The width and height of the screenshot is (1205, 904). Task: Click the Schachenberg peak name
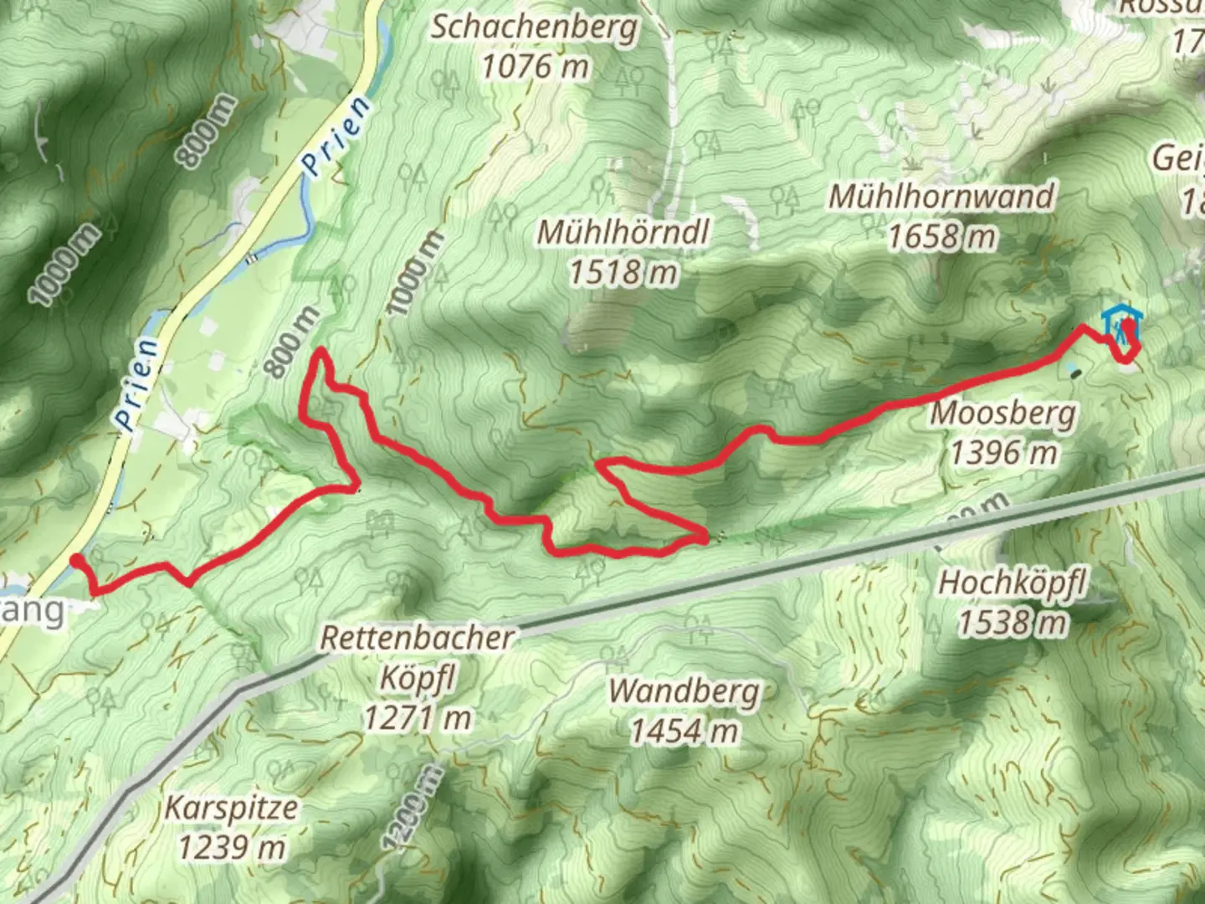534,28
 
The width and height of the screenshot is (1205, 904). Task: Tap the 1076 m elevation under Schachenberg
535,66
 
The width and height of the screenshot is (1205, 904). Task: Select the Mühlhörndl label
623,232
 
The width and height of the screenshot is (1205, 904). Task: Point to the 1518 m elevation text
623,271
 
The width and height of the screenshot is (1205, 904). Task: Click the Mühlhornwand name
941,197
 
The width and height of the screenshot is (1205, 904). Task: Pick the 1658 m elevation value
941,237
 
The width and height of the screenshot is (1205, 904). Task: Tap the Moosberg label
1003,413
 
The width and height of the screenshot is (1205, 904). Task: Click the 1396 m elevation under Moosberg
1003,453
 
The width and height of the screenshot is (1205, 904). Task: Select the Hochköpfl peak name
1012,582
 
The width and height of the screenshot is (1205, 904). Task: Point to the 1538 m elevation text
1012,622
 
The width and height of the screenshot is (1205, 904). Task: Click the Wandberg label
685,692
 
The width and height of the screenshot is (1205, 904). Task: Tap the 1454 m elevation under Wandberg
685,732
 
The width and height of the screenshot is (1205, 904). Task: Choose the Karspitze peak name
231,809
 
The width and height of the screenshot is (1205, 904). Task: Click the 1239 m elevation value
231,848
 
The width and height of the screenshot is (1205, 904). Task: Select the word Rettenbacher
417,639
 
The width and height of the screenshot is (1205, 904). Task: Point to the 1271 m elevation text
417,717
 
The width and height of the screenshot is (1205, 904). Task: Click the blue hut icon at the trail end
1115,321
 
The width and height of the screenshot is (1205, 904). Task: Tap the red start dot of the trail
77,561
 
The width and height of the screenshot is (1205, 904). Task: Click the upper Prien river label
336,136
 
